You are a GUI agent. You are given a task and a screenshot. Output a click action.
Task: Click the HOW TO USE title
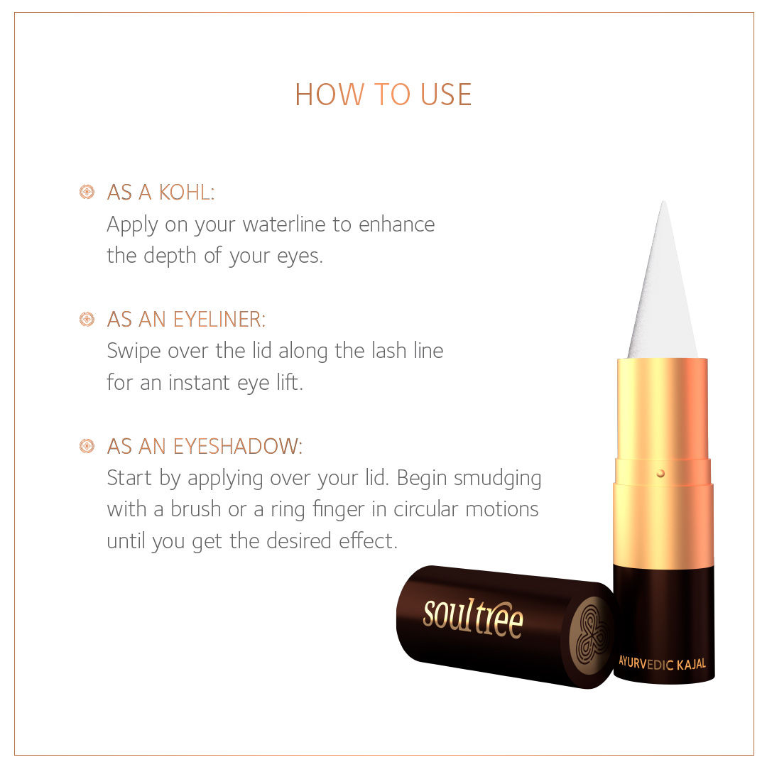tap(383, 94)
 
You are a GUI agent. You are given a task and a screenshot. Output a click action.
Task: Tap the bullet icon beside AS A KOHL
tap(87, 192)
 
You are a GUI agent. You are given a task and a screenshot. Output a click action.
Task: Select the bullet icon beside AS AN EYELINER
tap(87, 320)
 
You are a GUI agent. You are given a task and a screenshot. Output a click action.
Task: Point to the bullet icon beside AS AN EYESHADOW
tap(87, 446)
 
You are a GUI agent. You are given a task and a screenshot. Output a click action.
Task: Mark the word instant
tap(192, 383)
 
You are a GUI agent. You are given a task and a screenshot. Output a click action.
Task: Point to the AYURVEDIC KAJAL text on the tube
tap(662, 663)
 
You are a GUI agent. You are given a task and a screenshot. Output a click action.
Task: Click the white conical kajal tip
tap(663, 298)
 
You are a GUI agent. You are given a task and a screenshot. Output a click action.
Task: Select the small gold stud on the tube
tap(660, 473)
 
